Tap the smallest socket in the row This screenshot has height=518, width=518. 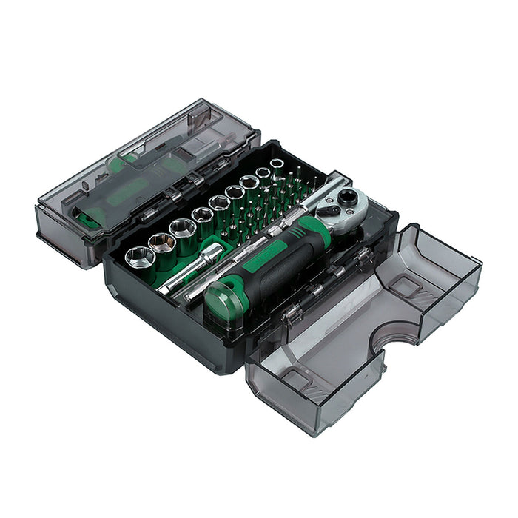(277, 164)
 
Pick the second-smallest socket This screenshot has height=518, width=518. (263, 172)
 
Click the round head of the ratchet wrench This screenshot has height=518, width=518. (347, 198)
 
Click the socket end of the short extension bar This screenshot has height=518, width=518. (212, 253)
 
